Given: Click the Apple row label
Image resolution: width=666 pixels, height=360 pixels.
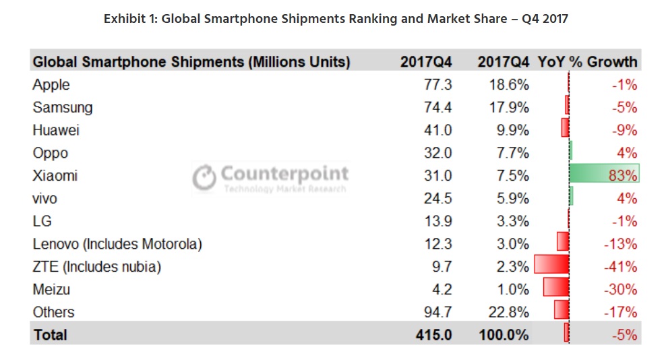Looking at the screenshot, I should (x=51, y=85).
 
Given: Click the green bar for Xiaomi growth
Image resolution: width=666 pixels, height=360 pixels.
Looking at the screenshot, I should (x=603, y=175).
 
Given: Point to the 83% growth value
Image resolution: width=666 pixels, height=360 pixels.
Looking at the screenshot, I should (x=622, y=176).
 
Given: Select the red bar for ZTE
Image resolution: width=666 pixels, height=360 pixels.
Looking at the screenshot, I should (x=551, y=266).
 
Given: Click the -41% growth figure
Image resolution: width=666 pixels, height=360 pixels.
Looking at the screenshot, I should (x=619, y=267).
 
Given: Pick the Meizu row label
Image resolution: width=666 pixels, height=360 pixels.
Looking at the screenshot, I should (x=51, y=289).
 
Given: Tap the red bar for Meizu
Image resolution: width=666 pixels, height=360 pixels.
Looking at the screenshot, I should (x=556, y=289).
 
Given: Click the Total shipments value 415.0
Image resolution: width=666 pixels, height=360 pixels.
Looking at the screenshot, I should (x=433, y=334).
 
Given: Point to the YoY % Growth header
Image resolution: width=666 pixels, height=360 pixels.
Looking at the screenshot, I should (x=587, y=62).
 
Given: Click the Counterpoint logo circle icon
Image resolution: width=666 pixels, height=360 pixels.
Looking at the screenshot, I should (x=204, y=177).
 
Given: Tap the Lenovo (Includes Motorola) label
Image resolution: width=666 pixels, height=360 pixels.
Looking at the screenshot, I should (x=117, y=244).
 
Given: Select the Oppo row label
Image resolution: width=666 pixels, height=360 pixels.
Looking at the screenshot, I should (x=50, y=153).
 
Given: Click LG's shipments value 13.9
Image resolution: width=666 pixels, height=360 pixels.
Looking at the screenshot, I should (x=437, y=221).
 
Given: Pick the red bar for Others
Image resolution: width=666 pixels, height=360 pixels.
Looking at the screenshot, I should (x=561, y=311).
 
